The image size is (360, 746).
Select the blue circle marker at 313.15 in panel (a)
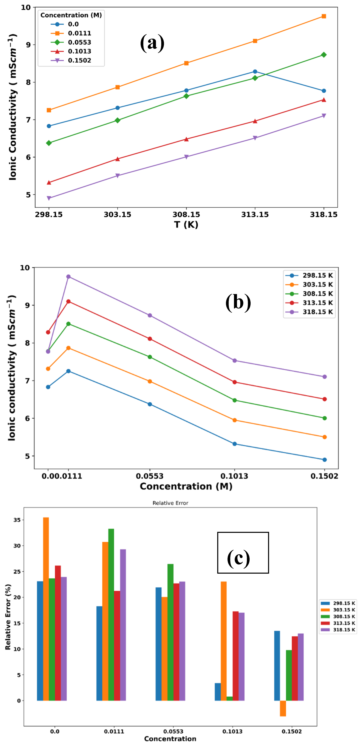pos(255,72)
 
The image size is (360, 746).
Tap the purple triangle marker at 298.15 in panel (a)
pos(49,198)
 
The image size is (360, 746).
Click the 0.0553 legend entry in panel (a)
pos(79,42)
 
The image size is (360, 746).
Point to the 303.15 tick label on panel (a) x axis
pos(117,215)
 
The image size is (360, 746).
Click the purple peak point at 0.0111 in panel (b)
pos(68,277)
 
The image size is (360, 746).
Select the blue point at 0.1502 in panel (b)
pos(324,460)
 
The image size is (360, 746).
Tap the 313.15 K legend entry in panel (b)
pos(317,303)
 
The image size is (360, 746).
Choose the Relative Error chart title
pos(170,503)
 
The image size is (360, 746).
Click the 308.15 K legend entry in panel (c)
pos(344,617)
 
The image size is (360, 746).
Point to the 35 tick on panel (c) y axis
pos(17,520)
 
